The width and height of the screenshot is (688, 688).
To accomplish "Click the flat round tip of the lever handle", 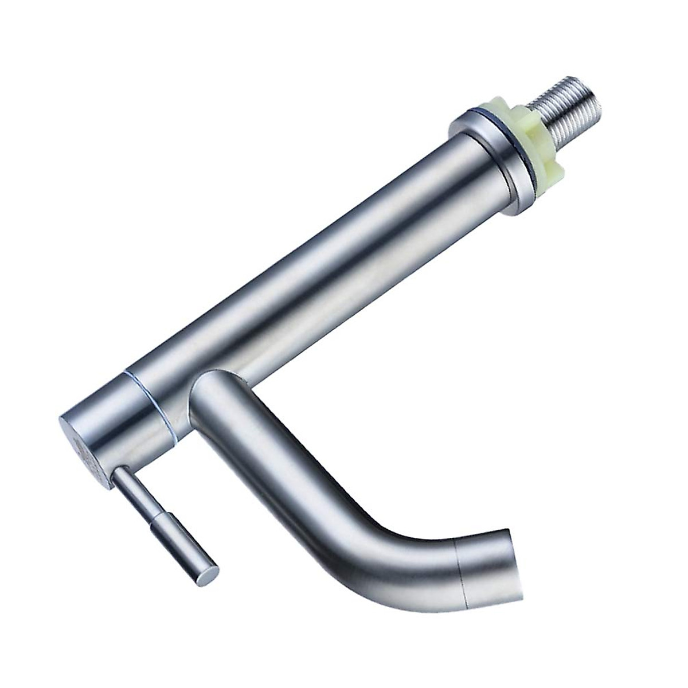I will click(211, 573).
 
